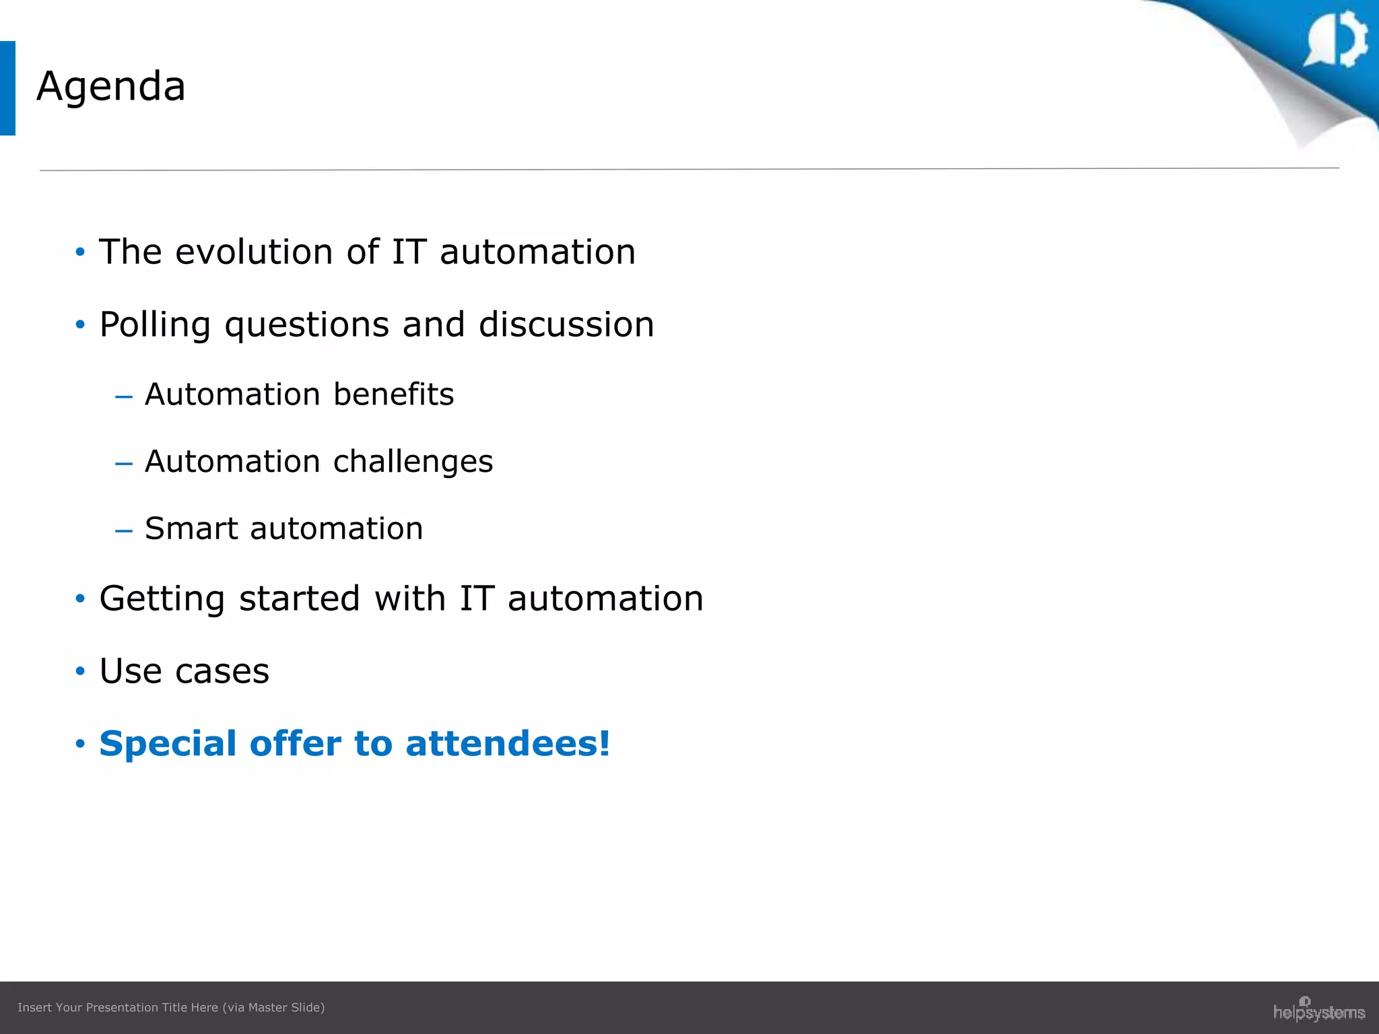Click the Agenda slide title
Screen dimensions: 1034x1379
point(111,87)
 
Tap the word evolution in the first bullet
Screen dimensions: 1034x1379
point(255,252)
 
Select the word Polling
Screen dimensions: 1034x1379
point(156,325)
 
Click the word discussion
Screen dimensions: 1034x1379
point(566,324)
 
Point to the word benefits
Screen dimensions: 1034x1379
point(393,394)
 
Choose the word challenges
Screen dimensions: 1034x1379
point(413,462)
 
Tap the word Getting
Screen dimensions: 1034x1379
point(162,599)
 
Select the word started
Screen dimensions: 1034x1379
point(300,598)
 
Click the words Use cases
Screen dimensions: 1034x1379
point(184,671)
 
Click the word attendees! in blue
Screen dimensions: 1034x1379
point(508,744)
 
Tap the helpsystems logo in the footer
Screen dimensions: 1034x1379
point(1318,1010)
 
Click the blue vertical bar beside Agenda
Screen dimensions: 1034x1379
point(7,88)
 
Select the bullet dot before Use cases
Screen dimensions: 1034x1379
point(81,671)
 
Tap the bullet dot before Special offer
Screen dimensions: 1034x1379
point(81,744)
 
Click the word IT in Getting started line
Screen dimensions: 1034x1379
point(477,598)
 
